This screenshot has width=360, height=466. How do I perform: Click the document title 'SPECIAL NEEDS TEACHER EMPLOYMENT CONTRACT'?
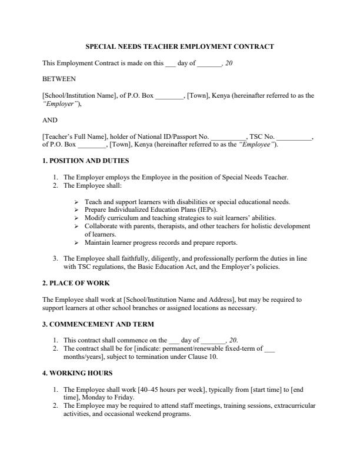click(x=180, y=46)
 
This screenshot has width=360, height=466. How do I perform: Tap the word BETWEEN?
click(x=59, y=78)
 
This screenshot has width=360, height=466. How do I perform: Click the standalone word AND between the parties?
click(x=50, y=119)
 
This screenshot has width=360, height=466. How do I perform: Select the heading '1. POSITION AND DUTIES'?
click(x=85, y=161)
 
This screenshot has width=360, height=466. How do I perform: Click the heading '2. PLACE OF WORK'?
click(x=76, y=283)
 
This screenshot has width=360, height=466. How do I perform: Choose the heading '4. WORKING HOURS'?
click(x=77, y=372)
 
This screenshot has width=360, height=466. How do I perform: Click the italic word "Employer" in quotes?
click(x=61, y=104)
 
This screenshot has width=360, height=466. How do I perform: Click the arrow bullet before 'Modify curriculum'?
click(x=77, y=217)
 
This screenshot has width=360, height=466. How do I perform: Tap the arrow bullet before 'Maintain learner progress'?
click(x=77, y=242)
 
